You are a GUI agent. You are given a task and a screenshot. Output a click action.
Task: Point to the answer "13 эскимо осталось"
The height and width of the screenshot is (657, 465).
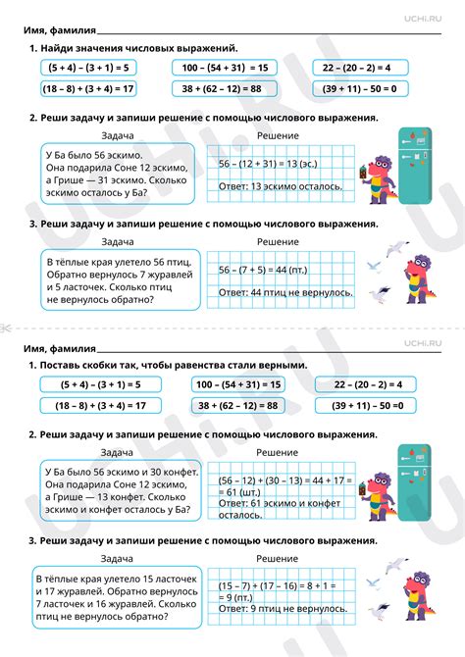click(x=281, y=185)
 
